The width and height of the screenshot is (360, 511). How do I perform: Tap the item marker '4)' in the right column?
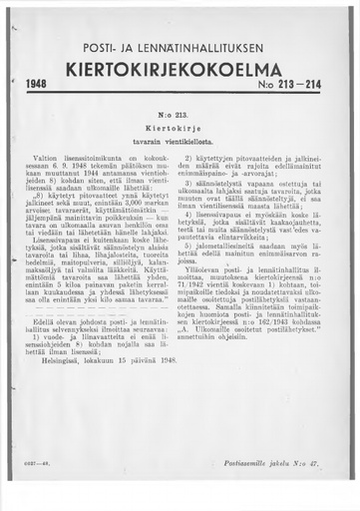click(x=199, y=214)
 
